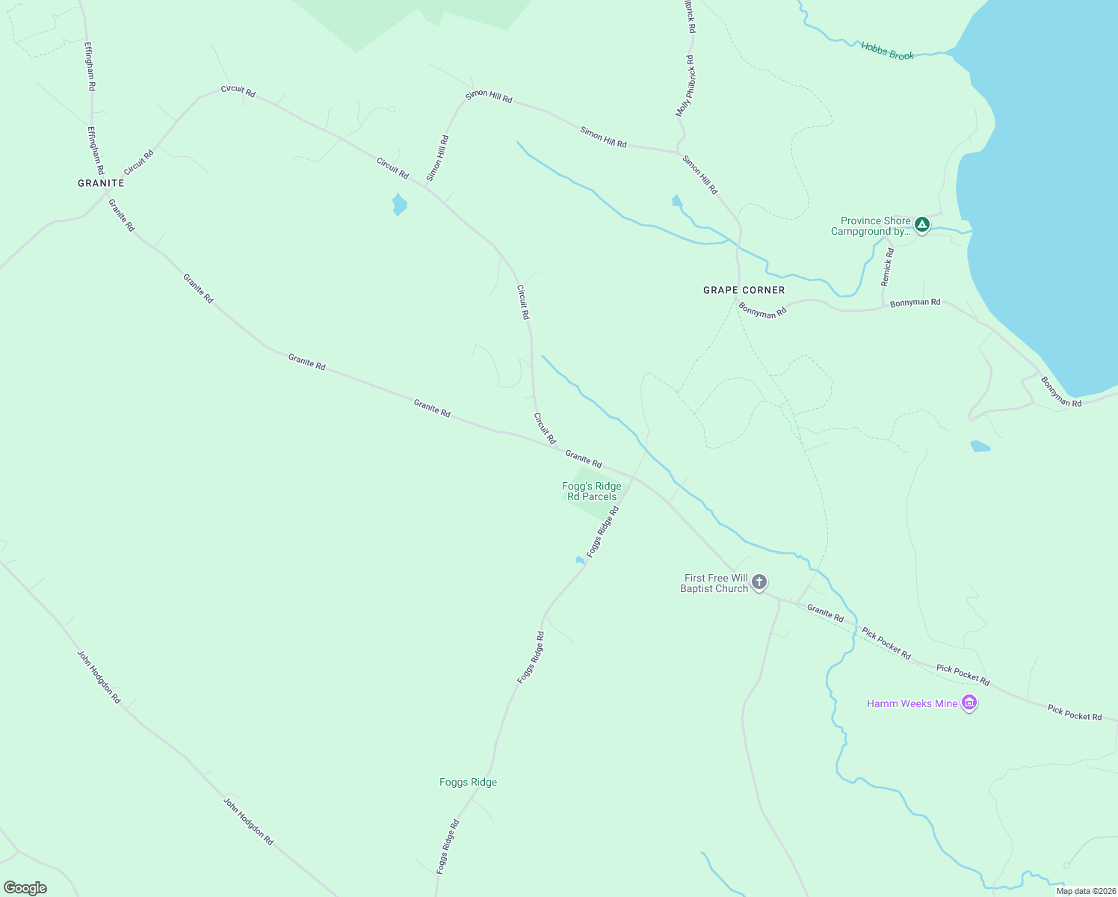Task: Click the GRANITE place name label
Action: point(101,183)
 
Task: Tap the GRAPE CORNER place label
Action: point(744,290)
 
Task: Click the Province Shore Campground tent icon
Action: point(922,224)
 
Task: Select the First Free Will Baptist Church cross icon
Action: point(759,582)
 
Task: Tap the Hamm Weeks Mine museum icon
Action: point(969,703)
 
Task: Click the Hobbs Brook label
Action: point(887,51)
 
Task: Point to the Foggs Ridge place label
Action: point(468,782)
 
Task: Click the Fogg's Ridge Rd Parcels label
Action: point(592,491)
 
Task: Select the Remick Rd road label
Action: point(887,268)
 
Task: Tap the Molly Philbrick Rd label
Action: point(685,86)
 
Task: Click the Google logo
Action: point(25,888)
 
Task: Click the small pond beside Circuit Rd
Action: point(399,204)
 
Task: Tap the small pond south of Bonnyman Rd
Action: point(980,446)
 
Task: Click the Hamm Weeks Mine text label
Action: point(912,703)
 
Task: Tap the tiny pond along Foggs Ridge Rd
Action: point(580,560)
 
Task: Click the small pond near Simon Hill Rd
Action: point(676,200)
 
